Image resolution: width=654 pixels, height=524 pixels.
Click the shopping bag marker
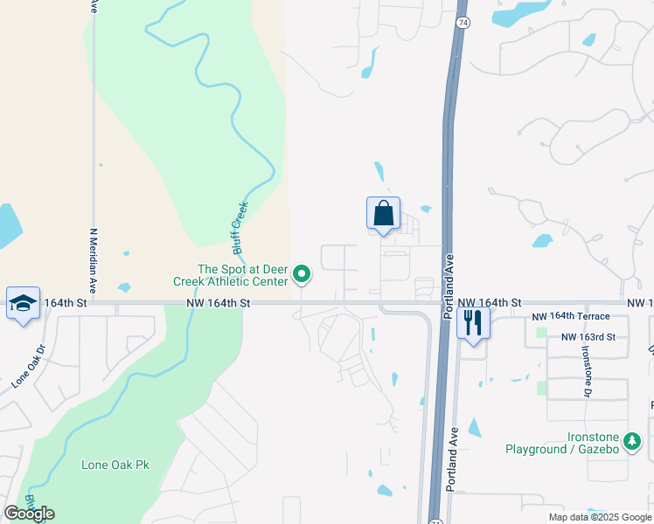point(383,213)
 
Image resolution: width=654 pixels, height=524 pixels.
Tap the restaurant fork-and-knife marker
point(473,322)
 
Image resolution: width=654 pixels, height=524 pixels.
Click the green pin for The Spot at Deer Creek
point(302,275)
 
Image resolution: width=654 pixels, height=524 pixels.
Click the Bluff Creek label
point(241,228)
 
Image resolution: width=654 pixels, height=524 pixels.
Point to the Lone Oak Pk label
point(115,465)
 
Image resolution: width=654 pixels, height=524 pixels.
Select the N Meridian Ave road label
point(93,260)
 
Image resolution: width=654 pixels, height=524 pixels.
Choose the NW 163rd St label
point(588,336)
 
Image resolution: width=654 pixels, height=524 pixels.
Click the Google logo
point(29,514)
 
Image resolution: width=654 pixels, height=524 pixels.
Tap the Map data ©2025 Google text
point(599,517)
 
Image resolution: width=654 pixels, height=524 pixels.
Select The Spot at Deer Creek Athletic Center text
point(243,275)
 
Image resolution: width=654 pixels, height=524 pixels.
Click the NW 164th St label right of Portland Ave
point(489,302)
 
